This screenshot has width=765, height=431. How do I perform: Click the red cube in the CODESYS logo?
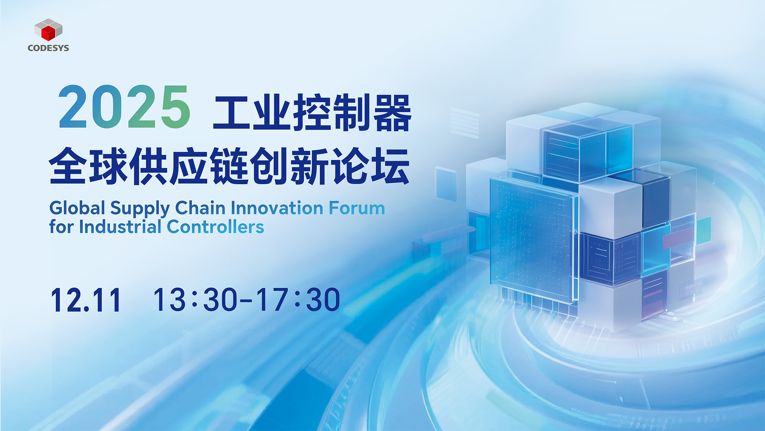49,32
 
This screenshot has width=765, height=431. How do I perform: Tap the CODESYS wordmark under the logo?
48,48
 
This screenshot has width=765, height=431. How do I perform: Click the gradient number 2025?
124,107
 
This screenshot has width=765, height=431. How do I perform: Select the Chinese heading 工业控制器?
312,113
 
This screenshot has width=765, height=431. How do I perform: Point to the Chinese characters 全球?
89,166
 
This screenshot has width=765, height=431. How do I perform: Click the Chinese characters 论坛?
371,166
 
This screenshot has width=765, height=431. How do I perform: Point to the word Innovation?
277,208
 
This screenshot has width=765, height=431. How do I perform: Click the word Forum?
357,208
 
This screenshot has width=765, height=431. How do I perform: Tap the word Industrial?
120,226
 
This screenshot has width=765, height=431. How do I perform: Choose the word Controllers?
215,226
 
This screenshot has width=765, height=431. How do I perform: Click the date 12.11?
86,300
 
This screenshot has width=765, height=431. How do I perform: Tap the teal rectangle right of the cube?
703,231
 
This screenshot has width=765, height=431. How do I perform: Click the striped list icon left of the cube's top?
465,123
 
